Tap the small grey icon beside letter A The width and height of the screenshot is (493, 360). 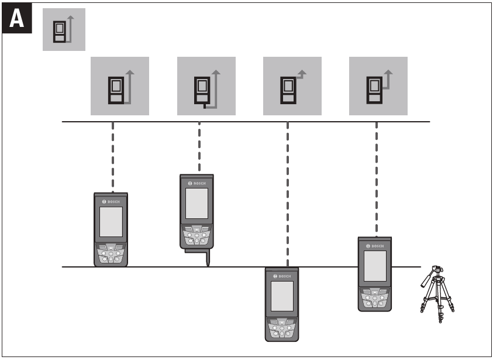click(64, 29)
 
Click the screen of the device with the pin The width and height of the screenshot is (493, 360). click(196, 203)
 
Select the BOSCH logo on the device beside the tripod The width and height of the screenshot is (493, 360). click(375, 245)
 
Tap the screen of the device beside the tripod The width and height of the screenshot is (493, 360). click(375, 266)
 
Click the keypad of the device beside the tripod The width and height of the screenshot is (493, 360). click(375, 298)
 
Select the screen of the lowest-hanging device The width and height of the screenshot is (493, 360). click(282, 296)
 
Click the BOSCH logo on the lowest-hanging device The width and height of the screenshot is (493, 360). click(282, 276)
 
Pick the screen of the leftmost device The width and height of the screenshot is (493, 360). click(111, 221)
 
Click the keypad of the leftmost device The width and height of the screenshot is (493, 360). click(111, 253)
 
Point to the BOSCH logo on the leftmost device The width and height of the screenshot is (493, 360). click(111, 201)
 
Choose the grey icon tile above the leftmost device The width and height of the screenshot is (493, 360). click(119, 86)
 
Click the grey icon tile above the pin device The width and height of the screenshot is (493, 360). click(206, 86)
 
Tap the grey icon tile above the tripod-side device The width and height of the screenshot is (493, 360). click(378, 86)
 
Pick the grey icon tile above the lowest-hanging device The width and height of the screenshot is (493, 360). click(292, 86)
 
